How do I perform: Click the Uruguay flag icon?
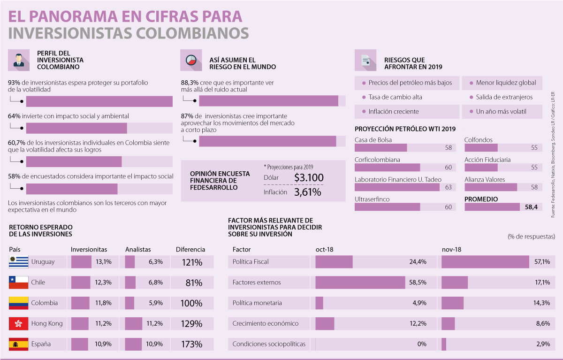coord(19,262)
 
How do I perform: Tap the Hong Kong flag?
coord(19,323)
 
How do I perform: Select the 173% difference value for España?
coord(191,344)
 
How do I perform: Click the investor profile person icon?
coord(19,61)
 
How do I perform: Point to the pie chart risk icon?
coord(191,61)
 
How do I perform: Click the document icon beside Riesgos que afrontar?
coord(365,61)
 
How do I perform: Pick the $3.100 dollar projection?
coord(309,178)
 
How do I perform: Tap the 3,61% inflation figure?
coord(307,192)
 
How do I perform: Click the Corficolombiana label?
coord(377,160)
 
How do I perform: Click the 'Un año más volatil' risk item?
coord(501,112)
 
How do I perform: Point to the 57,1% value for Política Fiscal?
coord(542,262)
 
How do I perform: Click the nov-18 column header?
coord(451,250)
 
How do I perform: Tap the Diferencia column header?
coord(190,250)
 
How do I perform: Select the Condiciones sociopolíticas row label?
coord(269,344)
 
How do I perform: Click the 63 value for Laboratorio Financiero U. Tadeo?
coord(448,187)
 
